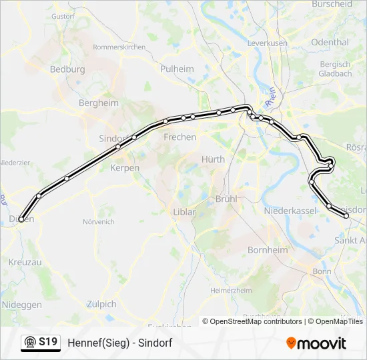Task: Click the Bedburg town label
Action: [x=67, y=69]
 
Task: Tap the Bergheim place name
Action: [x=98, y=103]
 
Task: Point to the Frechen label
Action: [x=180, y=137]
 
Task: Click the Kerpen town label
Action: [x=125, y=168]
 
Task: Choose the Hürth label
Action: [x=214, y=159]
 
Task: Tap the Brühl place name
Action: [x=227, y=199]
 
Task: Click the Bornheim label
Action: [x=268, y=250]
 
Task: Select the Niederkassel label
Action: [x=290, y=211]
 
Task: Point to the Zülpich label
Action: [x=101, y=304]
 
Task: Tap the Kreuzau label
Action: [x=25, y=263]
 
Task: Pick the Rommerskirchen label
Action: [x=119, y=47]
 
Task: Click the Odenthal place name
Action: [x=330, y=42]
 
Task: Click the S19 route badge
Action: [x=40, y=343]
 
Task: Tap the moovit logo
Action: [x=316, y=343]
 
